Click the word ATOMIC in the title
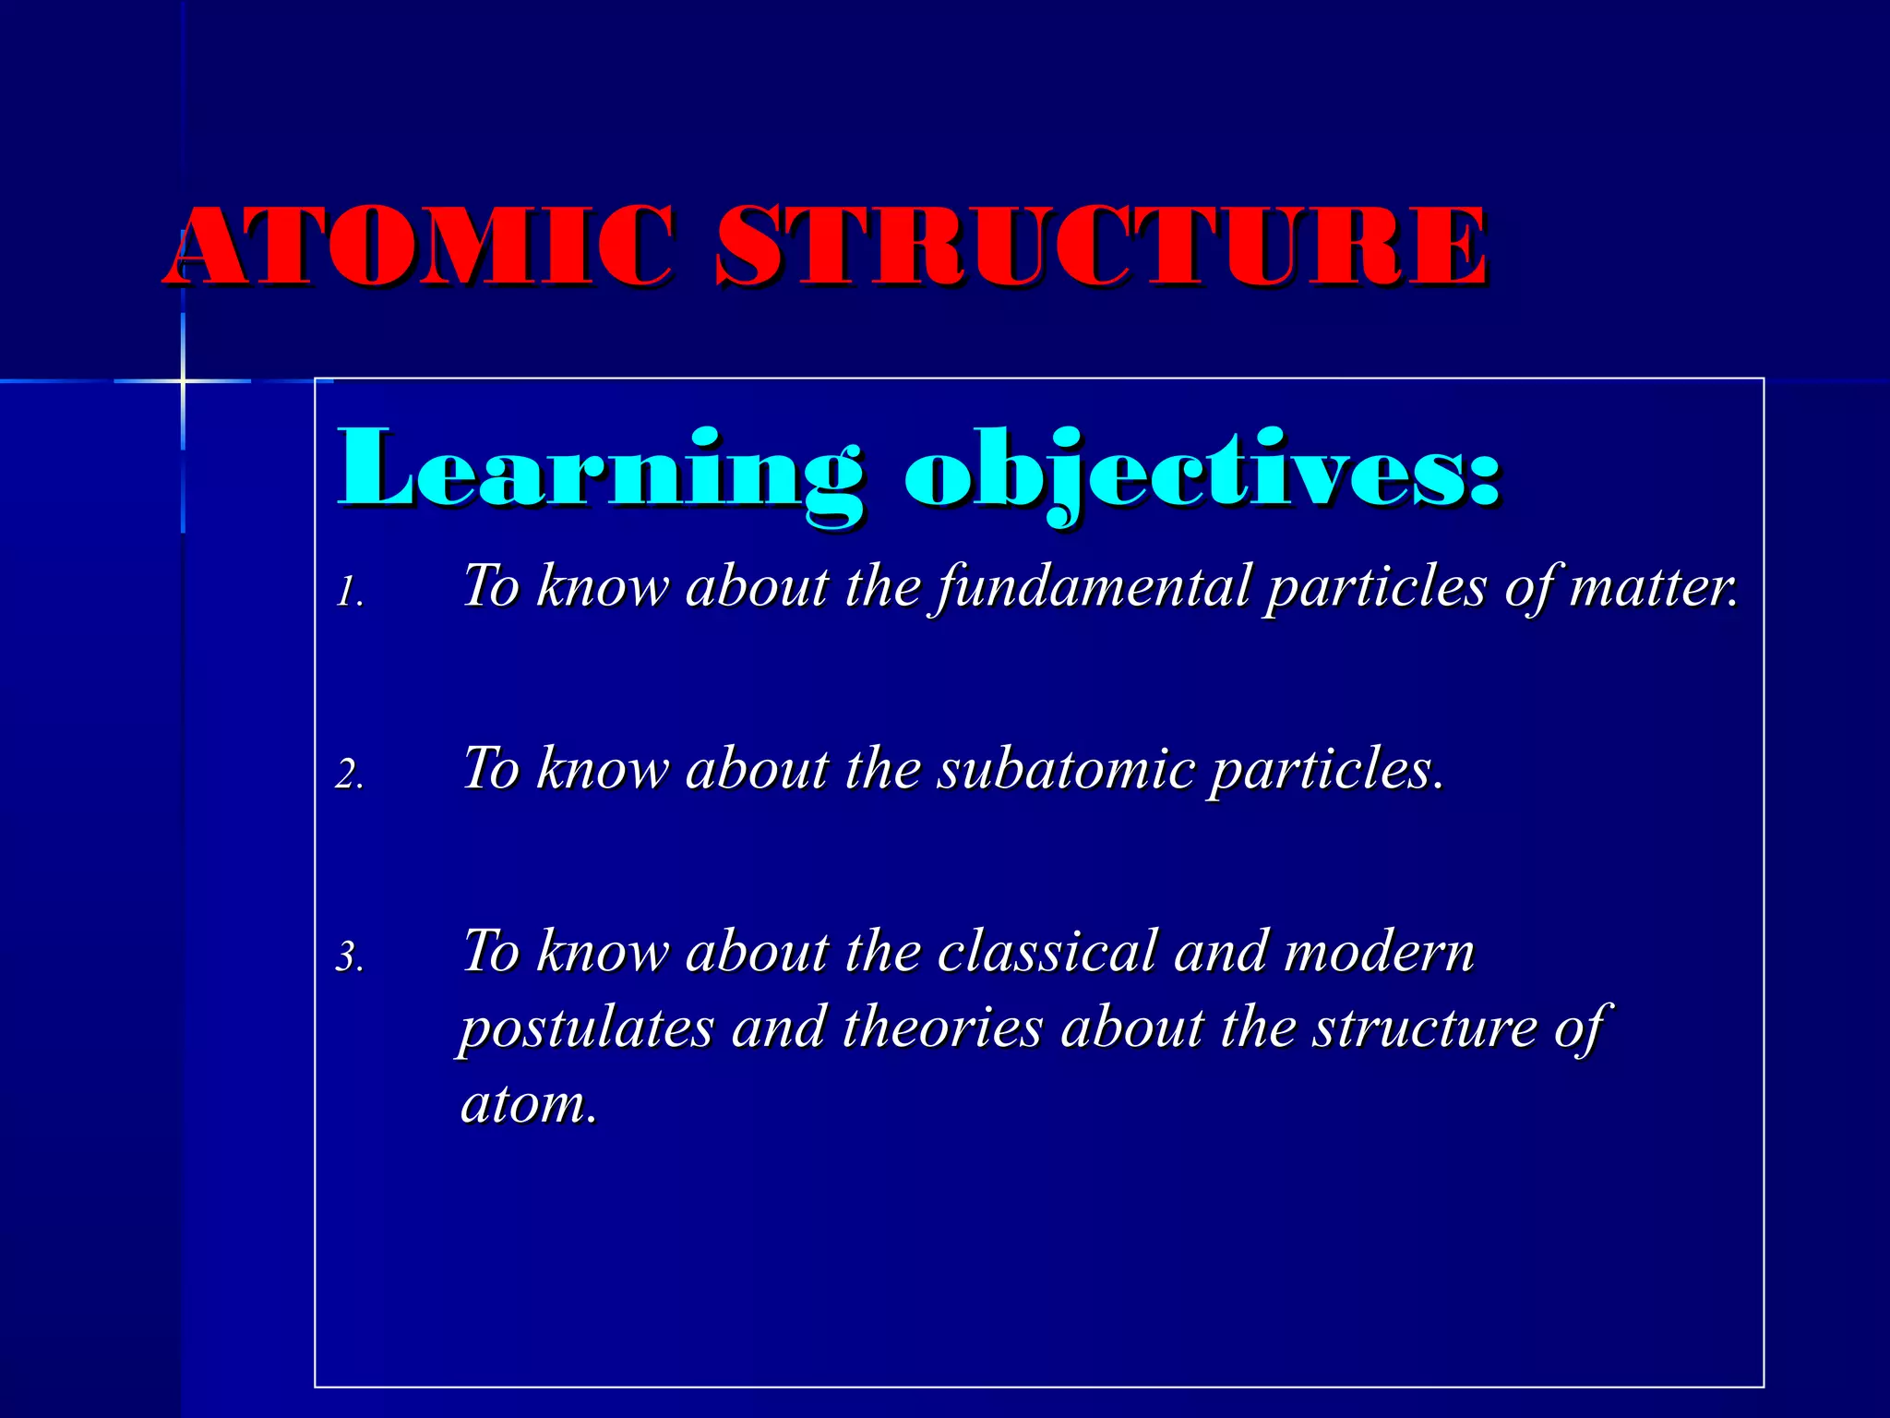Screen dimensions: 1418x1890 420,246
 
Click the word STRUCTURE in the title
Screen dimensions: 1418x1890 1100,246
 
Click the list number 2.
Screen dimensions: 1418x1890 348,774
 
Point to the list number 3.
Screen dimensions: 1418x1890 348,956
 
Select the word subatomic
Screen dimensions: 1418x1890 1066,769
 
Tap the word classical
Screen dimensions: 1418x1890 1047,951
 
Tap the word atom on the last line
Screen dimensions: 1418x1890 523,1103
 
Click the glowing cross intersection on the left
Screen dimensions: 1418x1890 183,380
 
